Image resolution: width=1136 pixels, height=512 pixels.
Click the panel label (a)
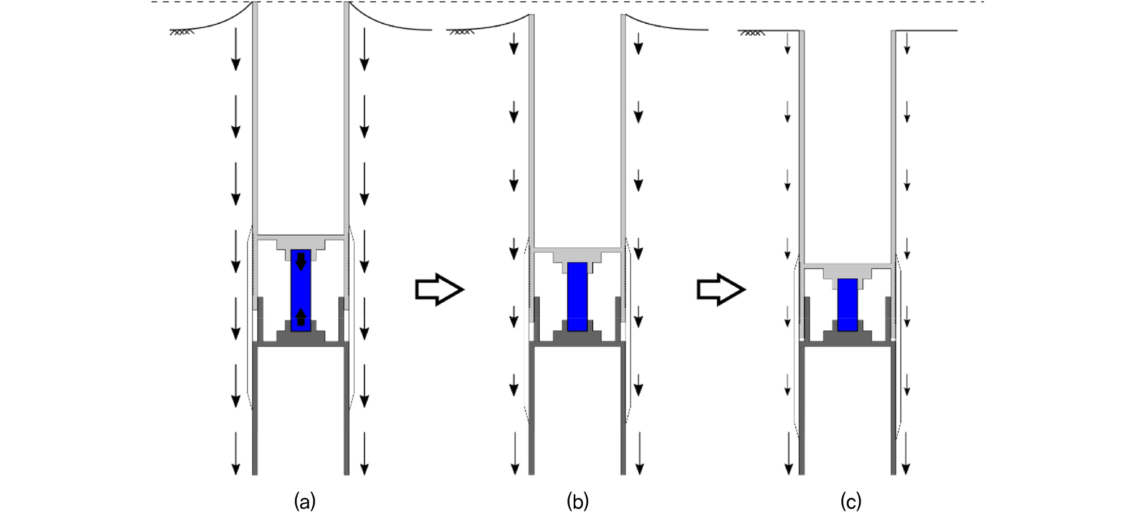pos(305,501)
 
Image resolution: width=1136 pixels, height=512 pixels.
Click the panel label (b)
pos(578,501)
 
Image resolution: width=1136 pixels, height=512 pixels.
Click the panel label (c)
pos(851,501)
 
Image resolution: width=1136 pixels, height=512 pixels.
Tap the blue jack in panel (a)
pos(301,290)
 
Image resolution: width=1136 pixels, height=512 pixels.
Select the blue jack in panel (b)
pos(578,296)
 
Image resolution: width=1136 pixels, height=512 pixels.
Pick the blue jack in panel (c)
pos(847,305)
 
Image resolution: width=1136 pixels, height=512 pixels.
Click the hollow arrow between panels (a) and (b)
pos(440,290)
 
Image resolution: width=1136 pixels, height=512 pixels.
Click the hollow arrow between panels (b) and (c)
pos(721,290)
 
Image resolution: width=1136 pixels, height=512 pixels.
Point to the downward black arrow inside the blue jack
pos(301,262)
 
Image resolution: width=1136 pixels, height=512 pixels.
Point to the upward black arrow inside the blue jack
pos(301,317)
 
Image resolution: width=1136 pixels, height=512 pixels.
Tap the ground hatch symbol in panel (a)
pos(182,32)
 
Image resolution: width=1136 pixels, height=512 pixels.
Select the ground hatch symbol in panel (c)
pos(752,32)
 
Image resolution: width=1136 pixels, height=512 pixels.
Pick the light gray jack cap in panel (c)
pos(847,273)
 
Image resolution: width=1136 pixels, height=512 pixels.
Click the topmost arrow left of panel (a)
pos(235,49)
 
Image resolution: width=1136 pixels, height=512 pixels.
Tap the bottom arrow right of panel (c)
pos(906,453)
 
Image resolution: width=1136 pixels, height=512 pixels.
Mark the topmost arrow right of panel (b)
pos(639,44)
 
